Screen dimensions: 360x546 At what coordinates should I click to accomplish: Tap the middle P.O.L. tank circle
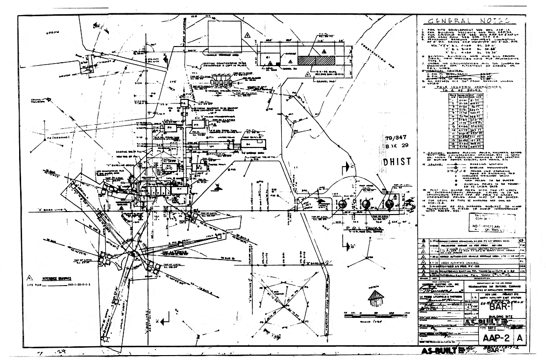(x=366, y=204)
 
